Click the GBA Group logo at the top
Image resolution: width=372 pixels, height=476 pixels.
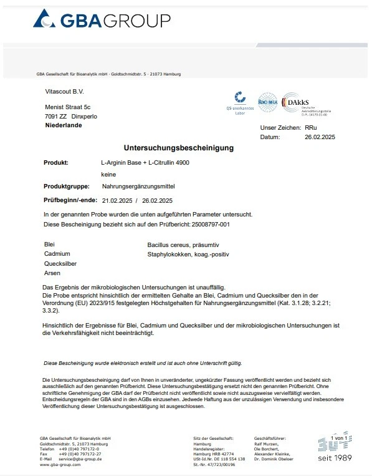tap(101, 21)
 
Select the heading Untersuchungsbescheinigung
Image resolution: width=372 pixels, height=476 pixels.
tap(179, 148)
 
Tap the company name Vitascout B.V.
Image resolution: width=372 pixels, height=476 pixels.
tap(64, 91)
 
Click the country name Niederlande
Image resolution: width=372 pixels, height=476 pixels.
tap(64, 125)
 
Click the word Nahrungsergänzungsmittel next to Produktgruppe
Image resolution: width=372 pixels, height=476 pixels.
tap(138, 187)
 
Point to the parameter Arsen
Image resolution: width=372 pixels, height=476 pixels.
tap(52, 273)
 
